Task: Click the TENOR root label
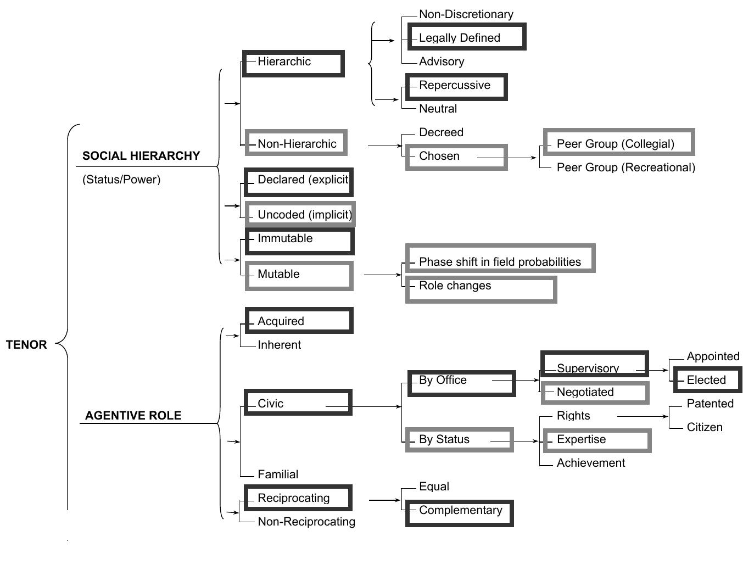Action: (x=26, y=345)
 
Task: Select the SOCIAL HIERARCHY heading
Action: (x=141, y=156)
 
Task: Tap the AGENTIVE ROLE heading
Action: (x=133, y=416)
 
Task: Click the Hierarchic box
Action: (x=293, y=63)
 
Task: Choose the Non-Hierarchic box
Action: (x=296, y=143)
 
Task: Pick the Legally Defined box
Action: (x=466, y=37)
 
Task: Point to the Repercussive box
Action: (x=456, y=87)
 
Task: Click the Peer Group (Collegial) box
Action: (x=618, y=142)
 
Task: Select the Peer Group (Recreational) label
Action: (x=625, y=167)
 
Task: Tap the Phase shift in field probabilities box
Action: (x=500, y=259)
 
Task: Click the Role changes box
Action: (x=481, y=289)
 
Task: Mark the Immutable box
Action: (x=299, y=241)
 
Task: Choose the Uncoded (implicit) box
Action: (x=300, y=214)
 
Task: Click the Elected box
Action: (x=707, y=379)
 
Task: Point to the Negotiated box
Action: (x=595, y=393)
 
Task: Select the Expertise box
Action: (x=596, y=440)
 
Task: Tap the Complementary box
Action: (x=459, y=513)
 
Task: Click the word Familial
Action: (x=278, y=474)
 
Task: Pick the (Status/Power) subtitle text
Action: (x=121, y=180)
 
